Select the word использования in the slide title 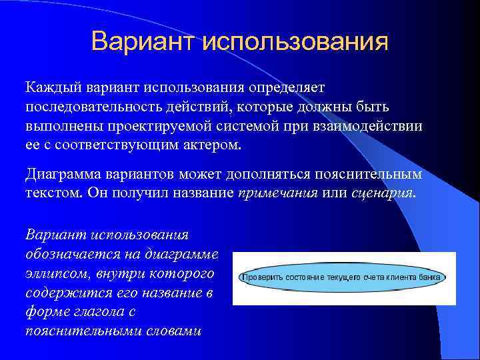click(293, 41)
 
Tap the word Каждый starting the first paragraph click(51, 88)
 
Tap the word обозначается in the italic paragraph click(63, 255)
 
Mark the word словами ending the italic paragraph click(173, 331)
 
